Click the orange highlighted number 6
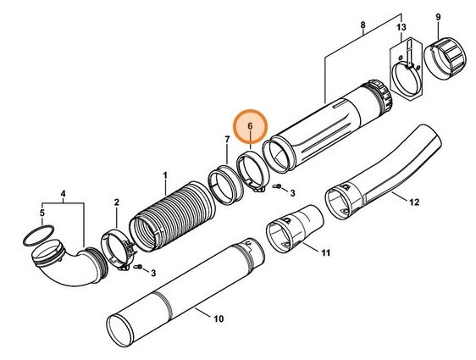click(x=250, y=126)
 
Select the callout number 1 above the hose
click(x=165, y=175)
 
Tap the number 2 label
click(x=116, y=202)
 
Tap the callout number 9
click(x=438, y=17)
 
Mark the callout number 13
click(x=401, y=28)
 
